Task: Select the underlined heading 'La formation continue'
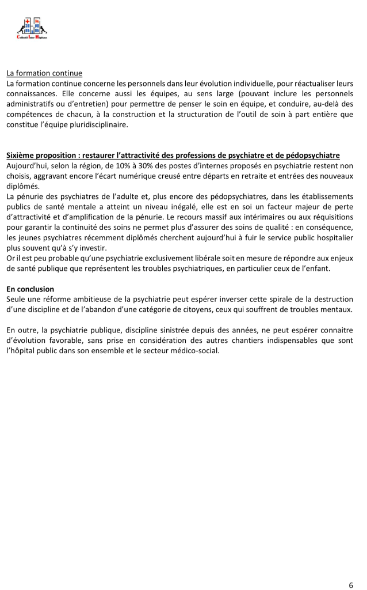44,73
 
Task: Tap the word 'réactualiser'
309,84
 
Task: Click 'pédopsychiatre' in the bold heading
314,156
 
